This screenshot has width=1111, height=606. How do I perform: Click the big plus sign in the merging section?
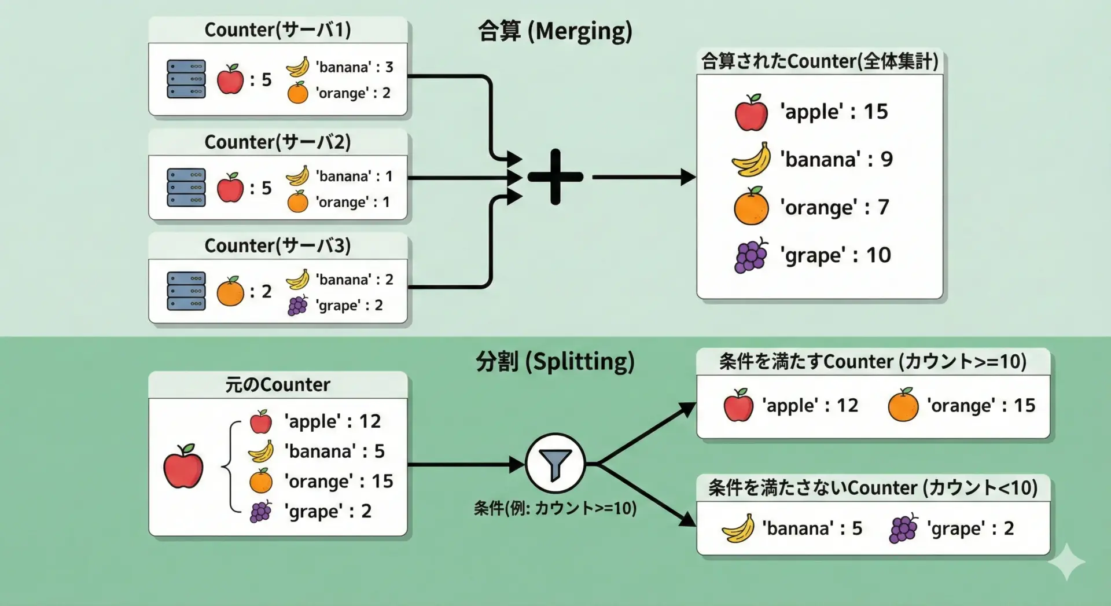555,177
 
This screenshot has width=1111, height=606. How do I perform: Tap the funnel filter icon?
555,464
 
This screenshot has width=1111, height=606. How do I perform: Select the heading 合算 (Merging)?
555,31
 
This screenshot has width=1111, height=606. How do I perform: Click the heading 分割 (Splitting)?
555,362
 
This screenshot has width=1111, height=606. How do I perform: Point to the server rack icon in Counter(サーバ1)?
186,79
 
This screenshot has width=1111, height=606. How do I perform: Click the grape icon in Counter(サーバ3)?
297,306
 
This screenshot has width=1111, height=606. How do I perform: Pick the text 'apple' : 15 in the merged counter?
833,112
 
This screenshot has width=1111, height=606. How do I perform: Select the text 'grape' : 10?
835,255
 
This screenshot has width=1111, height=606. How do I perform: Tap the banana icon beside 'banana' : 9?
751,160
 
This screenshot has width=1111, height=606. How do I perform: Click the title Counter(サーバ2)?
278,142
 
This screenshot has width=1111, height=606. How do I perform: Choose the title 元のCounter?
278,385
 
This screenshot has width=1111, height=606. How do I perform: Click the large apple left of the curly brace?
183,467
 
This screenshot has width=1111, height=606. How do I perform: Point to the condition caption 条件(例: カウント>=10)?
555,508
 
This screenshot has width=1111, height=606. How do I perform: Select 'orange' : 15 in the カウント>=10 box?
981,406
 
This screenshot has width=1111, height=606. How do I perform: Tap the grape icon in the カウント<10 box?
903,528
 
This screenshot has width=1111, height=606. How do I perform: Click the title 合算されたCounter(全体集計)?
819,61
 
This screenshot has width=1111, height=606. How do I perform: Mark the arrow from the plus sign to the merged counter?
642,177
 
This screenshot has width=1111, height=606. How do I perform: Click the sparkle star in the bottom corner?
1066,561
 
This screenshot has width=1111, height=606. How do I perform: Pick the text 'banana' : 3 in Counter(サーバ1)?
354,67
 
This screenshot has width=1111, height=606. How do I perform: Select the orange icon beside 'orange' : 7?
751,207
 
